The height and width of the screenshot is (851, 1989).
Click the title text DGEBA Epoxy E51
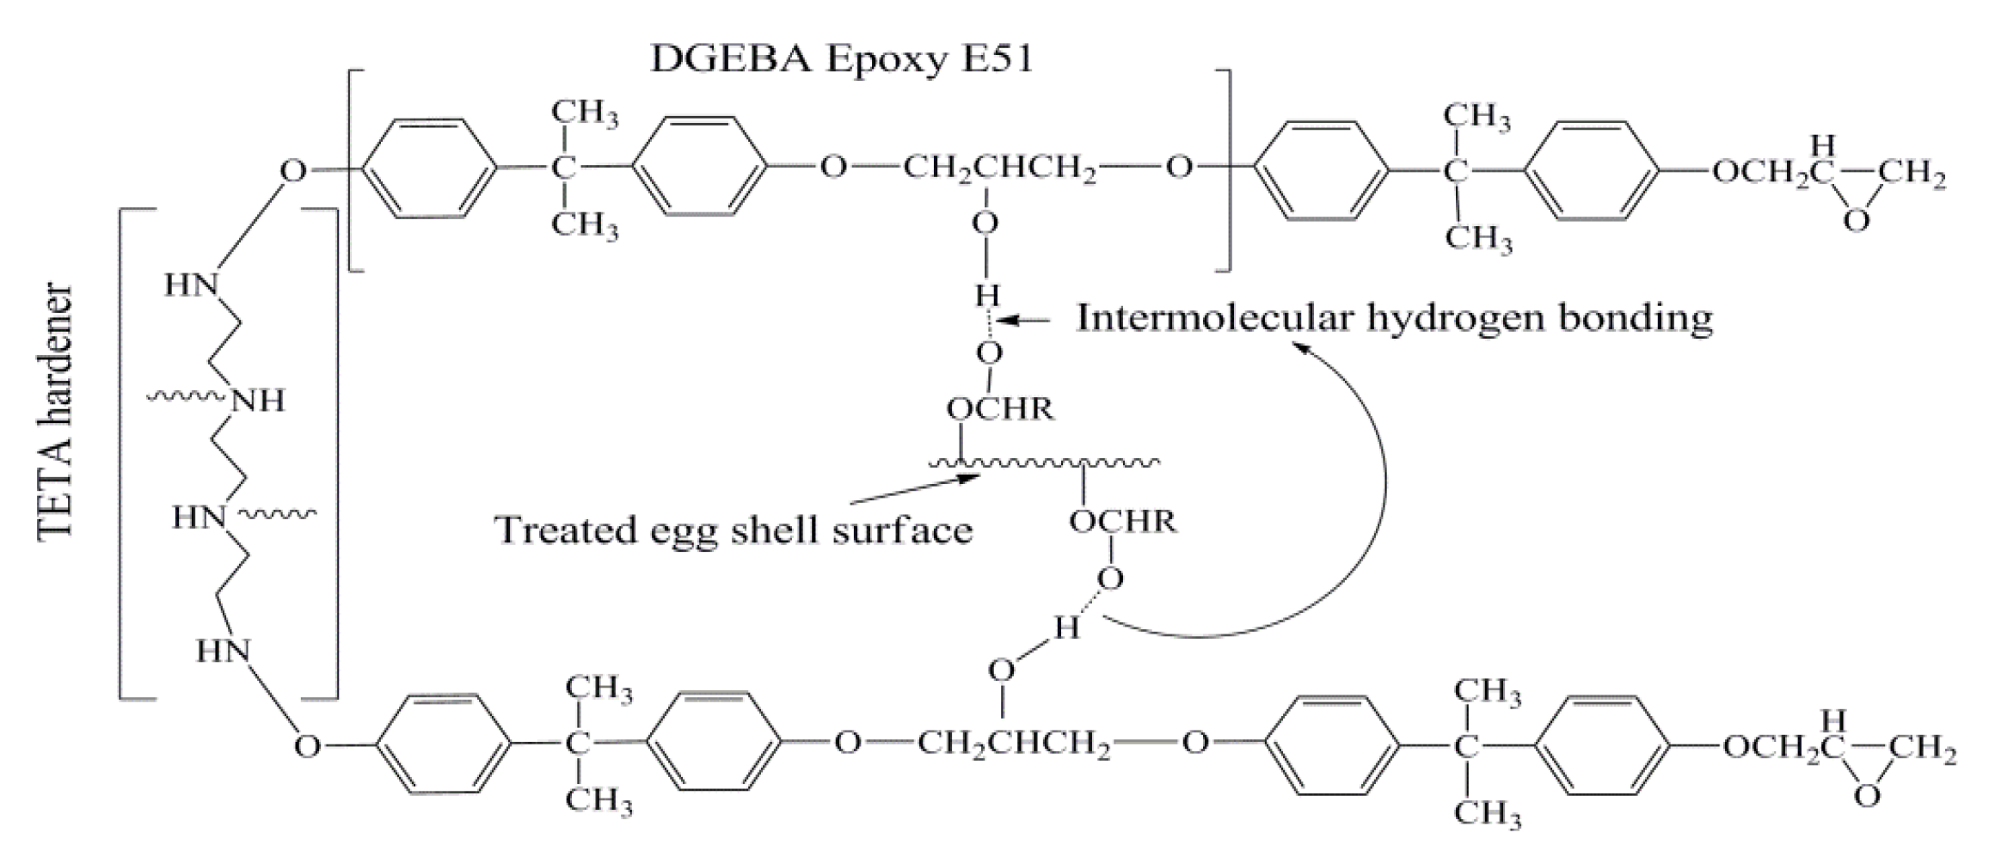842,59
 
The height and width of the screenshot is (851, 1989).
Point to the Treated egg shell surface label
734,530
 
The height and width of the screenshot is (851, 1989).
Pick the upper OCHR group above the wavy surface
1000,408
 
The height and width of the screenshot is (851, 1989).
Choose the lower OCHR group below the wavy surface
1122,522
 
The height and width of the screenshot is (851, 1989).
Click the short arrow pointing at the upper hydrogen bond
1027,321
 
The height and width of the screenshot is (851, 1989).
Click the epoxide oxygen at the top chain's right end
1857,221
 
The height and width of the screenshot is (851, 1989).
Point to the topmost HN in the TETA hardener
191,285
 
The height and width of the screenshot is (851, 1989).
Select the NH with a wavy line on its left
258,401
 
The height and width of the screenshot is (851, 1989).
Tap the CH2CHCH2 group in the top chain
999,168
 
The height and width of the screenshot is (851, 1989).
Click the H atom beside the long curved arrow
1066,628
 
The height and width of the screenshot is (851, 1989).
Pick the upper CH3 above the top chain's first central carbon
585,113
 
